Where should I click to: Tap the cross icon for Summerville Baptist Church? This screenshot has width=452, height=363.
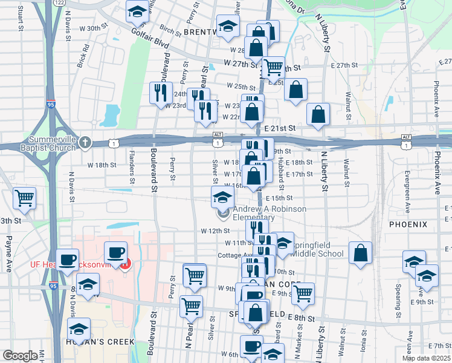(85, 143)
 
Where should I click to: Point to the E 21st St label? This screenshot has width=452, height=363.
(279, 128)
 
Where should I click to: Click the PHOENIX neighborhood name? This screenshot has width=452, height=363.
(408, 224)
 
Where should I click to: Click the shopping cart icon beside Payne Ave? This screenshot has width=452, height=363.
(24, 197)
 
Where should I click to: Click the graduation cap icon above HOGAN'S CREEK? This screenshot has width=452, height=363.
(79, 330)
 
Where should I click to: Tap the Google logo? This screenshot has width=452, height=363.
(19, 356)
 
